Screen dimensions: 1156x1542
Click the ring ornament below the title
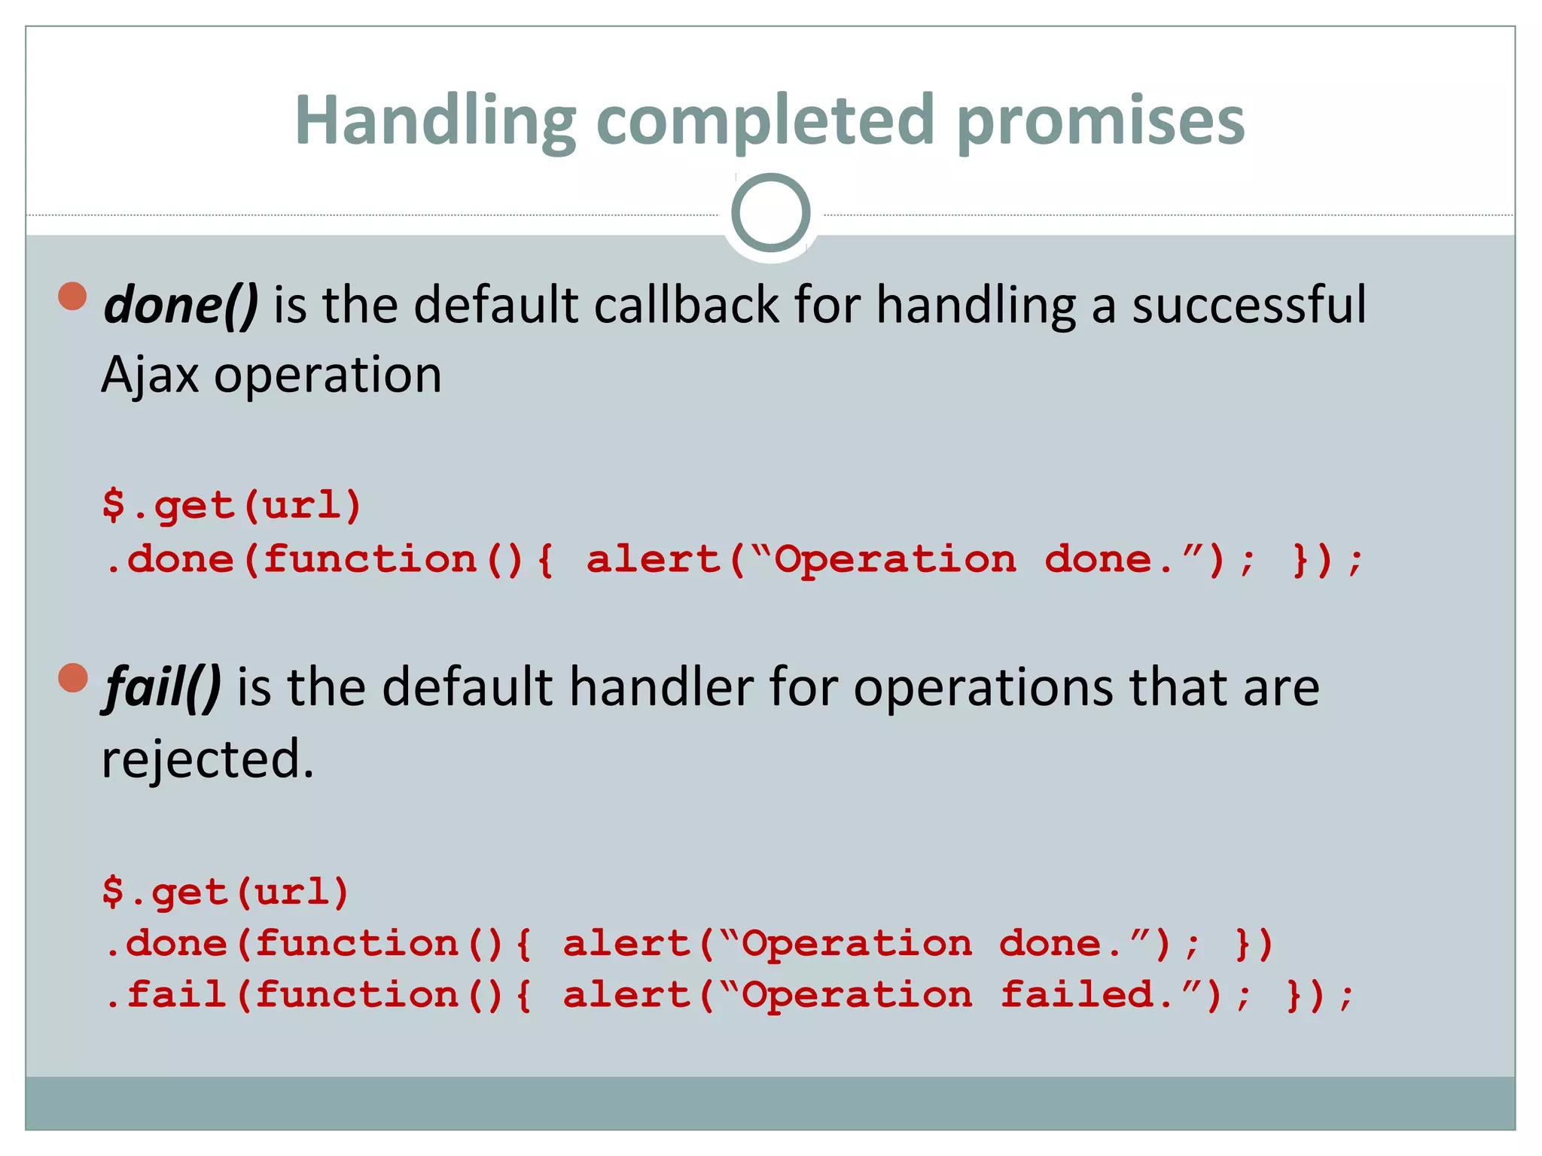770,213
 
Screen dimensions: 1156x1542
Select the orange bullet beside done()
73,296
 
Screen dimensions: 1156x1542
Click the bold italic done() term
181,305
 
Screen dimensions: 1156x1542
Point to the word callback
686,305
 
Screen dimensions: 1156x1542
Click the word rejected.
207,759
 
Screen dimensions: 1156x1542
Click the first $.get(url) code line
232,504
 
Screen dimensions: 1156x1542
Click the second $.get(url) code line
226,892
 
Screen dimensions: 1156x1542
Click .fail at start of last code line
166,994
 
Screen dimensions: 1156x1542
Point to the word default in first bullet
495,305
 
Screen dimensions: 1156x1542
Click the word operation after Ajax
328,375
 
